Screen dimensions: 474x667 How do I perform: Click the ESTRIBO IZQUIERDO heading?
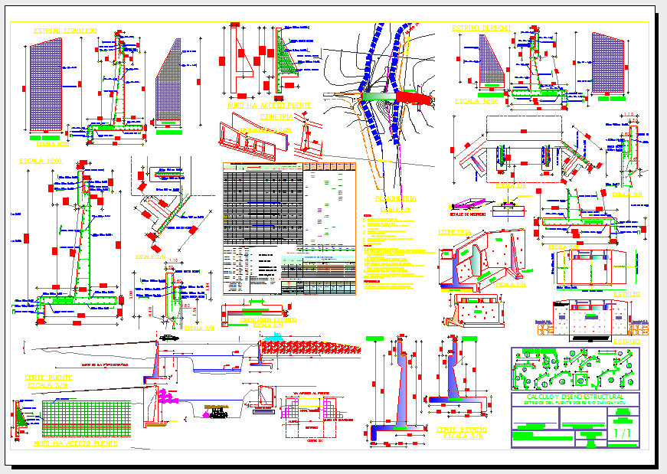pyautogui.click(x=64, y=31)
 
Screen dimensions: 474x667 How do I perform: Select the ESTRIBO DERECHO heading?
pyautogui.click(x=481, y=28)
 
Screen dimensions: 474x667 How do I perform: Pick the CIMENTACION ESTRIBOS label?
pyautogui.click(x=268, y=319)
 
